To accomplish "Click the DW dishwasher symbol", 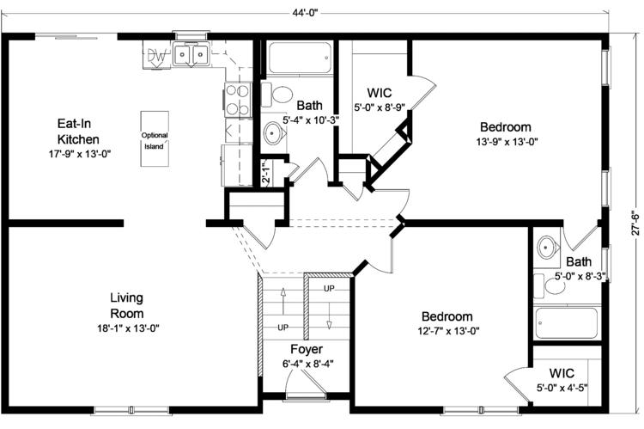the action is (x=156, y=56).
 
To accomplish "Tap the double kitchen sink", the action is (x=191, y=54).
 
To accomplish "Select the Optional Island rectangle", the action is (x=155, y=139).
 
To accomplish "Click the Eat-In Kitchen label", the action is (x=78, y=132).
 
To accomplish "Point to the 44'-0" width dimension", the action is (x=305, y=13).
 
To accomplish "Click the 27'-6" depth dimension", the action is (x=635, y=224).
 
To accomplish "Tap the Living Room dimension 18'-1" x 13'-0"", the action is (x=128, y=328).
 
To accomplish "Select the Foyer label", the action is (x=307, y=349).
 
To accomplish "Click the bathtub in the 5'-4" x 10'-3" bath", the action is (x=300, y=58).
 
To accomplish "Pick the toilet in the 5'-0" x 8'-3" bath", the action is (x=550, y=286).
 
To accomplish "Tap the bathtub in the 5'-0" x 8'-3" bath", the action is (x=567, y=322).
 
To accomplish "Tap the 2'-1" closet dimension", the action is (x=266, y=173).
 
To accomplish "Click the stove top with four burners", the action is (x=238, y=99).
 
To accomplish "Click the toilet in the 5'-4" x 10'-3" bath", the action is (x=277, y=95).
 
